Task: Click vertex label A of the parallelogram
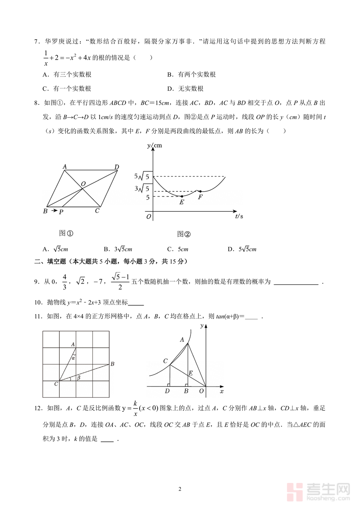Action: click(x=64, y=166)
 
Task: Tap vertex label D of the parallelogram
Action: click(x=116, y=167)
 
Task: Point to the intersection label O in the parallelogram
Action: click(x=83, y=184)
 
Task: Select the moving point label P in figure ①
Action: click(x=61, y=212)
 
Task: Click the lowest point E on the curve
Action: click(x=182, y=196)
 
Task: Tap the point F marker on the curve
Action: click(x=200, y=191)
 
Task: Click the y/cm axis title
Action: click(x=154, y=146)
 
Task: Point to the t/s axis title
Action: click(x=239, y=216)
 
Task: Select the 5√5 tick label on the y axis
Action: click(x=143, y=176)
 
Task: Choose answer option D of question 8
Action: click(x=242, y=249)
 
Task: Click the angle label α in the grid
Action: click(x=74, y=358)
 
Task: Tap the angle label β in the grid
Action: click(x=78, y=377)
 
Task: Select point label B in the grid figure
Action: click(x=112, y=364)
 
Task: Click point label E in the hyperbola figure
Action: click(x=190, y=373)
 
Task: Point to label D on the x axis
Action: click(x=167, y=391)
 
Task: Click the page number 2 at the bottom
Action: click(x=180, y=489)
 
